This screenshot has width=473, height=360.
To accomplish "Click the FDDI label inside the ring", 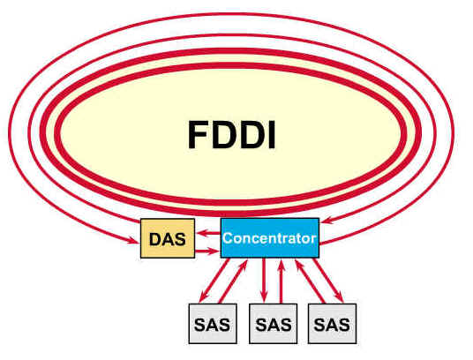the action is click(x=232, y=135).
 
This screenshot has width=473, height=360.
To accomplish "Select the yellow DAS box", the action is click(x=168, y=238).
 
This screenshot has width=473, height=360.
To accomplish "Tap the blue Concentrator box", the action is click(x=270, y=238).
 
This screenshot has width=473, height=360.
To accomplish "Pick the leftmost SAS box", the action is click(x=213, y=324).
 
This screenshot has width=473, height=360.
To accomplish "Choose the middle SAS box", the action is click(x=274, y=324).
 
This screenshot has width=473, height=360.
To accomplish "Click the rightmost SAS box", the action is click(x=332, y=324).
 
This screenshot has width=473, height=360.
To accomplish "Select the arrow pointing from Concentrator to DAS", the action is click(x=208, y=232).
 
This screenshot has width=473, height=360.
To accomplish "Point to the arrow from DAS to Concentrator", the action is click(x=207, y=251).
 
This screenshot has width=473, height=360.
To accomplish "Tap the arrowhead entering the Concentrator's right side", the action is click(x=327, y=221).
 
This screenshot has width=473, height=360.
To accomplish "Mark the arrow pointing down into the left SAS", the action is click(x=214, y=280).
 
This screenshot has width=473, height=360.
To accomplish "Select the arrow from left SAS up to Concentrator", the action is click(x=233, y=281).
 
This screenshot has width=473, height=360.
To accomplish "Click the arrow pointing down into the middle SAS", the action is click(x=264, y=280).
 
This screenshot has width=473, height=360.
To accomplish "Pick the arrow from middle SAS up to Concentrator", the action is click(x=282, y=281).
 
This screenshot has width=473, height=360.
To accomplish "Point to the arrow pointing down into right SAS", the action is click(x=328, y=280).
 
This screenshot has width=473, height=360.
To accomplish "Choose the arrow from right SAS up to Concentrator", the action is click(x=310, y=281).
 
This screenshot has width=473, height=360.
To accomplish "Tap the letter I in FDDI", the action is click(x=272, y=135).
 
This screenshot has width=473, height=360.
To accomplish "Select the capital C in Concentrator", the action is click(x=228, y=238).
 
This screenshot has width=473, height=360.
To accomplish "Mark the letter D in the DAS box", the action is click(x=155, y=239).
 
